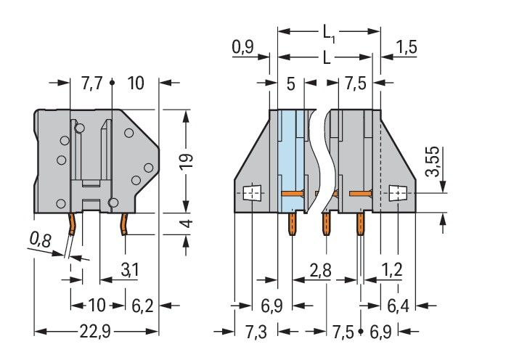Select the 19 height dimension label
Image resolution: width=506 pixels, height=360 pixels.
(187, 160)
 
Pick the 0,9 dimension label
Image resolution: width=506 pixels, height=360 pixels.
(242, 49)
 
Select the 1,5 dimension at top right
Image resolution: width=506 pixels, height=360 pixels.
(407, 49)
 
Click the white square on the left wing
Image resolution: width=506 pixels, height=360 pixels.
(250, 194)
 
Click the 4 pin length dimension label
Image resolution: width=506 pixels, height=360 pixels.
(187, 224)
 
